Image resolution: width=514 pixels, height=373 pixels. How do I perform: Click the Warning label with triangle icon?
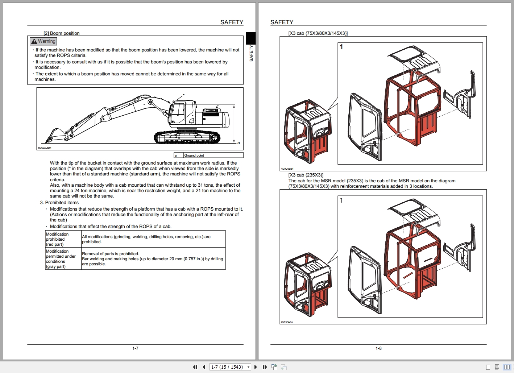(x=43, y=41)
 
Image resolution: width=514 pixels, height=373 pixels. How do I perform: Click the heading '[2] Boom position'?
(x=61, y=33)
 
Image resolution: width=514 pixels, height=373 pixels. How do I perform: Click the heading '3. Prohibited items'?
(x=59, y=203)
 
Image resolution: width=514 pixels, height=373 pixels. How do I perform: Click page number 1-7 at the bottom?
(x=135, y=348)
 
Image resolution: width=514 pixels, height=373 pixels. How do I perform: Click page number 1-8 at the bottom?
(x=378, y=348)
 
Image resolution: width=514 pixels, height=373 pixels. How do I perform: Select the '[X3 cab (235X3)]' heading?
(x=306, y=175)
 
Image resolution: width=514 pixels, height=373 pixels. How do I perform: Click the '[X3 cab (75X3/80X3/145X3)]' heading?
(x=318, y=33)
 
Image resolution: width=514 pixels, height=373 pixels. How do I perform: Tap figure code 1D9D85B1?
(x=287, y=169)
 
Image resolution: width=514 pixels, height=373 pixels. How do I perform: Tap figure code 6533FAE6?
(x=287, y=322)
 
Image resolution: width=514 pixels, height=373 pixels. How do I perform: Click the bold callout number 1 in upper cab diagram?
(x=341, y=47)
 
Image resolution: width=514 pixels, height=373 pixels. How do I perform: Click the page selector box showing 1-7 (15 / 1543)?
(x=230, y=367)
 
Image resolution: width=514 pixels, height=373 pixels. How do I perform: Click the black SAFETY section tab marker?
(x=250, y=38)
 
